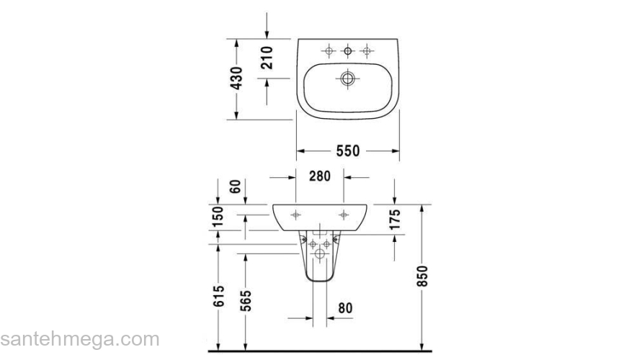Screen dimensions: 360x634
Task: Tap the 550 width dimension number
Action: pos(347,150)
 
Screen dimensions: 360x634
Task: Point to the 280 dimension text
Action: pos(319,176)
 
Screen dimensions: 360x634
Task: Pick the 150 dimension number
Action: pos(219,217)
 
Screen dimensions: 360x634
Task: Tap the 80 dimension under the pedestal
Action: pos(344,308)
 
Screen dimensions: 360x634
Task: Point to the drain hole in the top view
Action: pos(347,78)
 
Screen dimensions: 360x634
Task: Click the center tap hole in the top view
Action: pos(347,50)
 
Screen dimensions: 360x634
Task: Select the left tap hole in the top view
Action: pos(329,50)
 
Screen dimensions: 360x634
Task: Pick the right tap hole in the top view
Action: pos(367,50)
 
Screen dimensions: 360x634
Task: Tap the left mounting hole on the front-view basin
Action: pos(295,214)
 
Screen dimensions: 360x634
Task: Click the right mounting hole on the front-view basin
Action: pos(344,214)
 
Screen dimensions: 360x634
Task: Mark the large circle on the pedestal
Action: pos(319,253)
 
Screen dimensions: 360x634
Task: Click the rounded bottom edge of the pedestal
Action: pos(319,282)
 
